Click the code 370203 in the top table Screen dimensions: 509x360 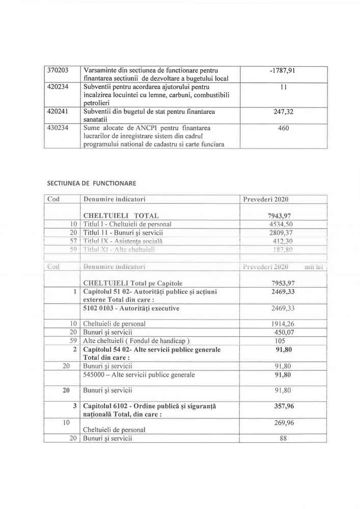(x=58, y=70)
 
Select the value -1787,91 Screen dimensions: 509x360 (x=282, y=70)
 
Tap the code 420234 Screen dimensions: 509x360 (x=58, y=87)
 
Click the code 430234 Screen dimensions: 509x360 (x=58, y=128)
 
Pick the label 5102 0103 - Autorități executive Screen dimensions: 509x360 (x=131, y=308)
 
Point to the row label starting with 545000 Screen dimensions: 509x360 (x=139, y=375)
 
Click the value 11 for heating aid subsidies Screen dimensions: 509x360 (x=282, y=87)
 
